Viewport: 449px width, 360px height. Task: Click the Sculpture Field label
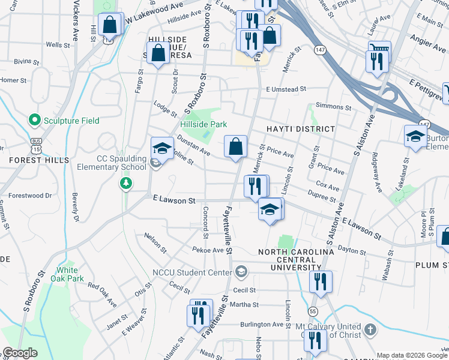[70, 121]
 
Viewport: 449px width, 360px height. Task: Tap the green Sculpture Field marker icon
[34, 121]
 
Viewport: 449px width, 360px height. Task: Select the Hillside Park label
[203, 124]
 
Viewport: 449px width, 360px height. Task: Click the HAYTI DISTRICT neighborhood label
[300, 129]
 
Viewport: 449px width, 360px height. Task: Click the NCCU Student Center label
[192, 273]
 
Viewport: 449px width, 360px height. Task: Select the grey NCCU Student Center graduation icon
[241, 273]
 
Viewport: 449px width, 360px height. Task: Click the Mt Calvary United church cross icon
[370, 329]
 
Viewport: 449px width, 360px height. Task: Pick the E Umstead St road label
[286, 89]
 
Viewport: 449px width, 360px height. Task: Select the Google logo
[20, 353]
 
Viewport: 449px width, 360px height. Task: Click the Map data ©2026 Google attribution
[412, 355]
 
